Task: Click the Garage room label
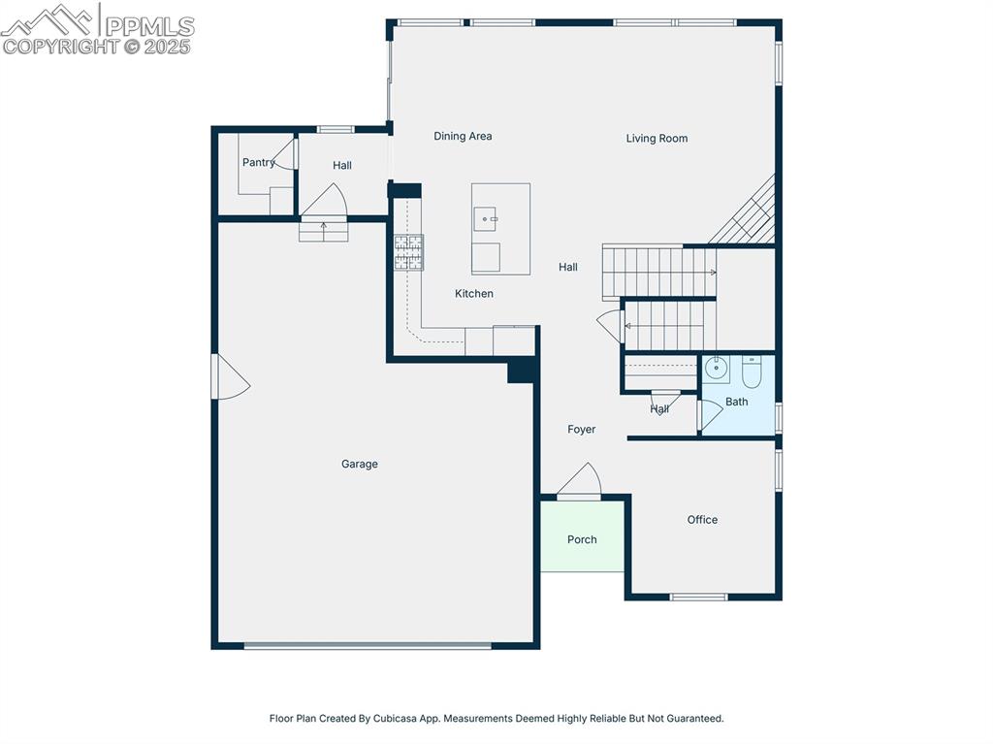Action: [x=359, y=464]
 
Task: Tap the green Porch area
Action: [x=582, y=535]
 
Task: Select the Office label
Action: [x=702, y=520]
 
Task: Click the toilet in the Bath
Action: [x=752, y=372]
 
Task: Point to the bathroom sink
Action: [x=717, y=369]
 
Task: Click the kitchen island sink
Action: [x=486, y=218]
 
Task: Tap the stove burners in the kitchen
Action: [x=408, y=252]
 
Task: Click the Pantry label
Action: [x=258, y=162]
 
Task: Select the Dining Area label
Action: [x=463, y=136]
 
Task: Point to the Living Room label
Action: [x=657, y=138]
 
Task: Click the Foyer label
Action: [x=582, y=429]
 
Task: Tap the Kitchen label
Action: [x=473, y=293]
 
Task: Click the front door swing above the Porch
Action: [x=580, y=480]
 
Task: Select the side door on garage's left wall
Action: [x=231, y=376]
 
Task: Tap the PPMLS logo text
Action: [x=149, y=26]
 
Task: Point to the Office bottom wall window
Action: [x=699, y=597]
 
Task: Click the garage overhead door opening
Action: [x=368, y=646]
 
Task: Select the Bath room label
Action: [x=737, y=402]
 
